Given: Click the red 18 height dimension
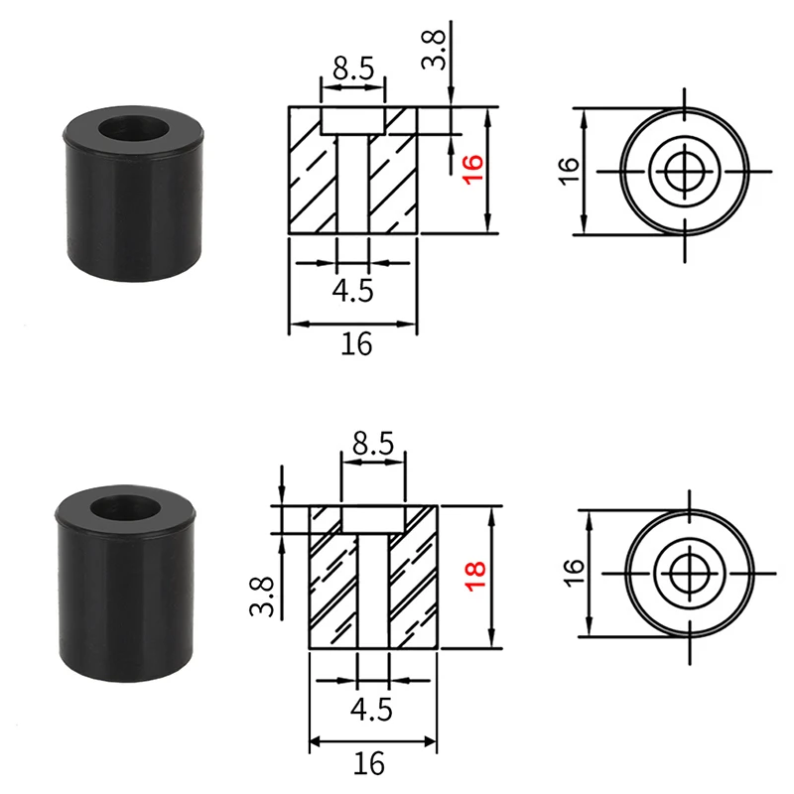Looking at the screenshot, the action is coord(475,576).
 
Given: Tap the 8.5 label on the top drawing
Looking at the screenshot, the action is coord(353,68).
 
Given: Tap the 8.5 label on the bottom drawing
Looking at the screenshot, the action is coord(373,443).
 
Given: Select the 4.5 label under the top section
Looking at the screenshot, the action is coord(352,291).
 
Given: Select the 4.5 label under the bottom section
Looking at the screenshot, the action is coord(371,709).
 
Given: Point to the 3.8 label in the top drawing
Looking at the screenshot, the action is coord(434,49).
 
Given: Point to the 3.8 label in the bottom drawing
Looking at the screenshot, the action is coord(262,596).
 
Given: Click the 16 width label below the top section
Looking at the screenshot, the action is coord(356,343).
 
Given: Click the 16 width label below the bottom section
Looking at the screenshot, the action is coord(368,762).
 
